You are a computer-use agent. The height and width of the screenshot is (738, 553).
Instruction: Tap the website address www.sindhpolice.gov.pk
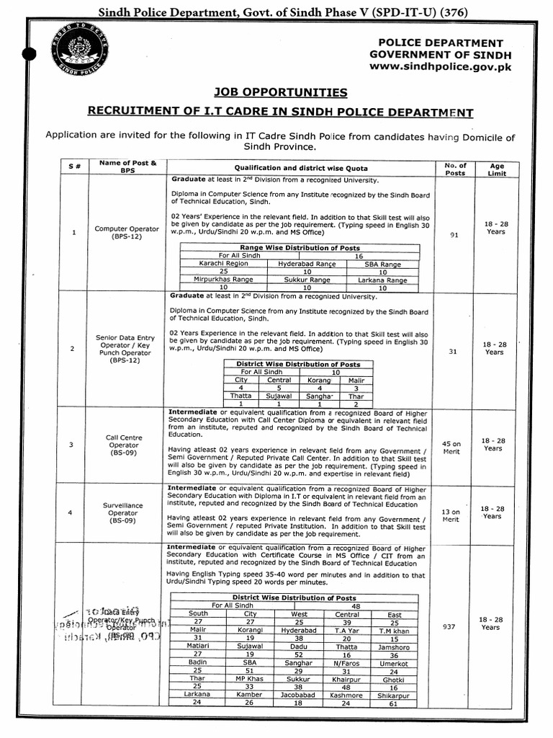coord(441,66)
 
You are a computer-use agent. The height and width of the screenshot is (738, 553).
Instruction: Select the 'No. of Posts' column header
coord(455,169)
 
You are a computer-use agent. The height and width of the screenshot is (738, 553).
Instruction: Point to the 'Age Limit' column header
coord(497,169)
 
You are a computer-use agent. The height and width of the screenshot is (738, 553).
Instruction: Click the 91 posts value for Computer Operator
coord(454,234)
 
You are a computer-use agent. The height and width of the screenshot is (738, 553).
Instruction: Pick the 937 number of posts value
coord(450,627)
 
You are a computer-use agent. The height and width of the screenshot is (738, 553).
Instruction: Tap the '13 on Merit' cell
coord(450,515)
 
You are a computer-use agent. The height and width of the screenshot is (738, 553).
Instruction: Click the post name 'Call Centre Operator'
coord(124,445)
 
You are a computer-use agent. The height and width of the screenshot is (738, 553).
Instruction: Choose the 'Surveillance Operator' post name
coord(124,513)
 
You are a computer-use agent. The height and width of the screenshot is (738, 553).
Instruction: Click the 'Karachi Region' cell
coord(219,264)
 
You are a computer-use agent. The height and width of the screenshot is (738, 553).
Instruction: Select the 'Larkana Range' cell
coord(383,279)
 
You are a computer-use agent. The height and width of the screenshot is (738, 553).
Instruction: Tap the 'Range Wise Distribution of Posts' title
coord(300,248)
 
